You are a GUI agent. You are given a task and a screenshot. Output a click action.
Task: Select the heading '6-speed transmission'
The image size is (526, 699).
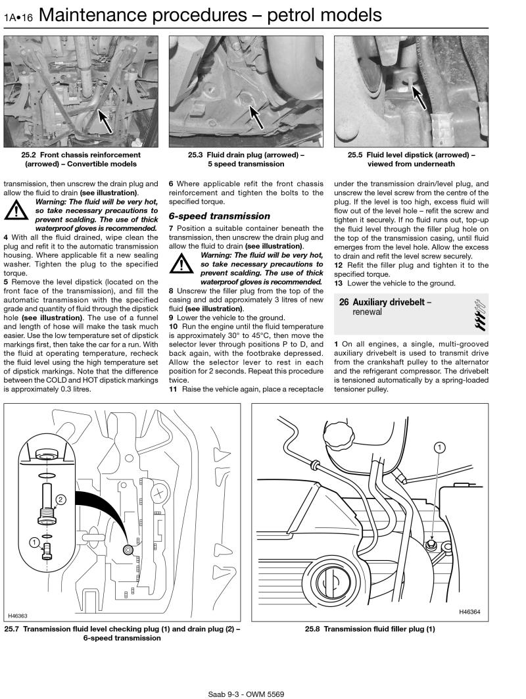pyautogui.click(x=219, y=216)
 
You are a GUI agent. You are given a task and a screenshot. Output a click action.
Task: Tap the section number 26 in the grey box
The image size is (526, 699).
pyautogui.click(x=343, y=302)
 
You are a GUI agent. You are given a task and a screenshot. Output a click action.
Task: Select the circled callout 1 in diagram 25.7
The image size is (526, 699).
pyautogui.click(x=33, y=542)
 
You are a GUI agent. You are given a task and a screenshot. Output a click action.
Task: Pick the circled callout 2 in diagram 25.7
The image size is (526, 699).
pyautogui.click(x=60, y=500)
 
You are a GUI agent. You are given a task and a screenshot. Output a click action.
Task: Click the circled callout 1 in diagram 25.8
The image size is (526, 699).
pyautogui.click(x=439, y=448)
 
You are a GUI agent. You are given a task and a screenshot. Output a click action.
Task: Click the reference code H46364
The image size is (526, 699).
pyautogui.click(x=469, y=612)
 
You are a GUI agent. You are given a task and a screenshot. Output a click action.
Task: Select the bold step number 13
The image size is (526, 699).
pyautogui.click(x=339, y=283)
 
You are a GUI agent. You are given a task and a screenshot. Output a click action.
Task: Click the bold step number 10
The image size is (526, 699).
pyautogui.click(x=174, y=326)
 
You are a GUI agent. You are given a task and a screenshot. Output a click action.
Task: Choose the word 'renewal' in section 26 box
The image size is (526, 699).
pyautogui.click(x=367, y=312)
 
